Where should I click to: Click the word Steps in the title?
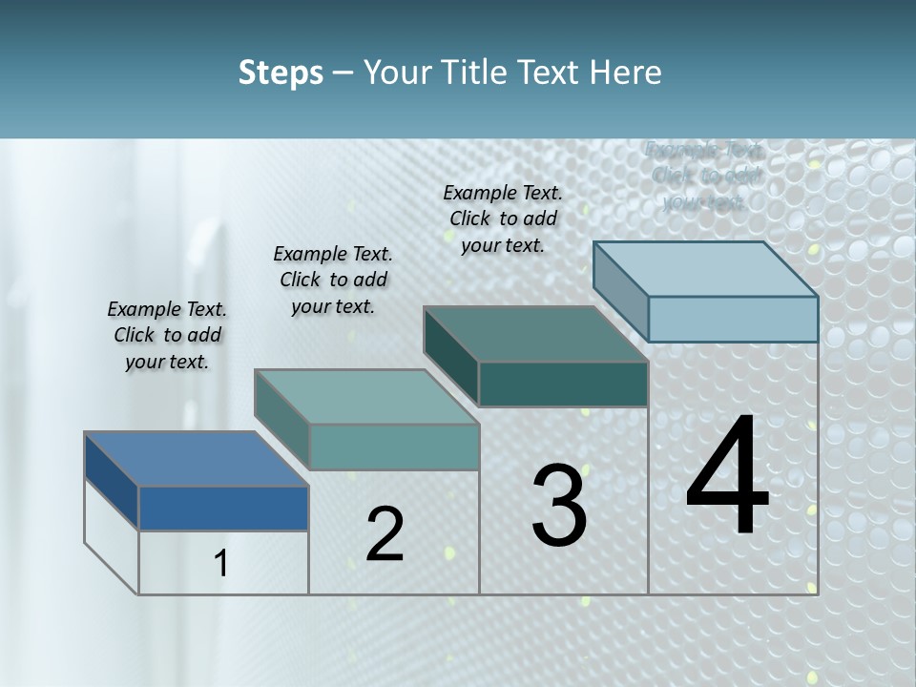coord(281,73)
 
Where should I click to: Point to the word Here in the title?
coord(625,73)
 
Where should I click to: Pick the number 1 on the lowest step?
coord(220,564)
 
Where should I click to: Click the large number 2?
coord(385,534)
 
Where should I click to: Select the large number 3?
coord(559,506)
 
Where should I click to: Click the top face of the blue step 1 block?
coord(196,459)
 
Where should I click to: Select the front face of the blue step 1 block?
coord(223,509)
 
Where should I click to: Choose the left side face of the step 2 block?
coord(281,420)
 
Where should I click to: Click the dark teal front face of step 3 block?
coord(563,385)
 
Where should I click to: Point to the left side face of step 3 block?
coord(450,356)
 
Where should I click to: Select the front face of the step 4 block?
coord(733,319)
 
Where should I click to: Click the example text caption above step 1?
coord(167,335)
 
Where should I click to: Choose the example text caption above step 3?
coord(503,219)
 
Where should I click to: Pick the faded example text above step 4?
coord(704,177)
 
